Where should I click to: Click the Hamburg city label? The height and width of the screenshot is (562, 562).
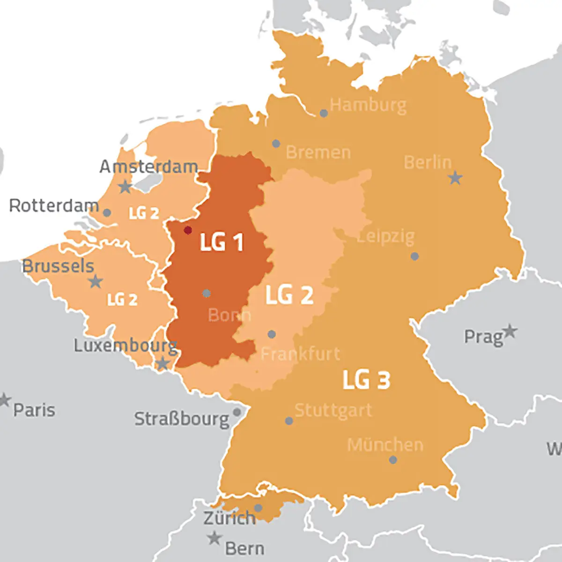pos(368,105)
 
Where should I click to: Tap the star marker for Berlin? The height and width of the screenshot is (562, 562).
pos(455,178)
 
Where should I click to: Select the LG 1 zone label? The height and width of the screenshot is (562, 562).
pos(222,242)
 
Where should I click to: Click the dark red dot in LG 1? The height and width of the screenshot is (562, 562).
pos(188,230)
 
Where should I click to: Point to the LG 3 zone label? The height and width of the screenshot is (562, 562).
pos(366,380)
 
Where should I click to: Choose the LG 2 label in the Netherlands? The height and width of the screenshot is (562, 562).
pos(144,213)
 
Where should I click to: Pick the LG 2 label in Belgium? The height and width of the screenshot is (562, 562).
pos(122,300)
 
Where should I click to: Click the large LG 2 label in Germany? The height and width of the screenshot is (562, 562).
pos(289,295)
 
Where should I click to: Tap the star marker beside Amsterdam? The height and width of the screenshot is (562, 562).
pos(125,187)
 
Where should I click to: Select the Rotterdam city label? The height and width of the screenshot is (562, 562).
pos(54,206)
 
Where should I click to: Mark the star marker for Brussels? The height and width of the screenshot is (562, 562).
pos(96,281)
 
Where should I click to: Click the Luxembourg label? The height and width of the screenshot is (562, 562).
pos(126,346)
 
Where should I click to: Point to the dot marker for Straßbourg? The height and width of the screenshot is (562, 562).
pos(237,412)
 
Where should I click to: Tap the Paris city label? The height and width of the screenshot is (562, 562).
pos(34,410)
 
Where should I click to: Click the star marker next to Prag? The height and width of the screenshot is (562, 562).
pos(510,332)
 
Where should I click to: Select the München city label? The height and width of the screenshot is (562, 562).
pos(385,445)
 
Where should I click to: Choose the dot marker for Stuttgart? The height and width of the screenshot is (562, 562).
pos(289,421)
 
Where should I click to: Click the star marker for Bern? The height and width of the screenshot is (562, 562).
pos(214,538)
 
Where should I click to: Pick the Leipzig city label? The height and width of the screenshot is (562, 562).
pos(386,236)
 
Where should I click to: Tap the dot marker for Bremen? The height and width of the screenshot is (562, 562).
pos(276,144)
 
